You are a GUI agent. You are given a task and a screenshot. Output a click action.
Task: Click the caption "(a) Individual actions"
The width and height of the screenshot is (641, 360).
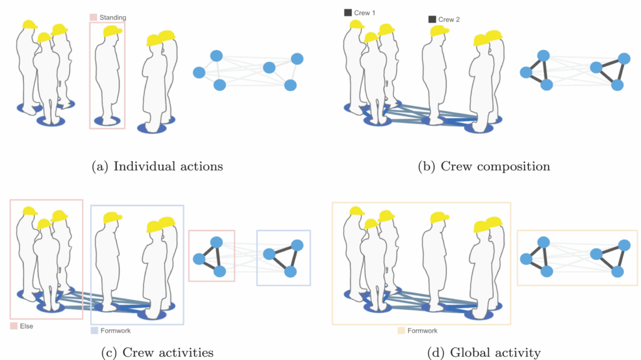[157, 167]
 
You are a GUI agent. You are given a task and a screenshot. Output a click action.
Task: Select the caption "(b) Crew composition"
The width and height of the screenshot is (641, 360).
[484, 167]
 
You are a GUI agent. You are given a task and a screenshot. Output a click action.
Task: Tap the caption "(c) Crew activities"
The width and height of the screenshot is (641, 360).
[157, 352]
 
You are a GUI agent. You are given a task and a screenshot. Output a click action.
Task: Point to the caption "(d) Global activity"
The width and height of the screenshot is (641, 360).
[484, 352]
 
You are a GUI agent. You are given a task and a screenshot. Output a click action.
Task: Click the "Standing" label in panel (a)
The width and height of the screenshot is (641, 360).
[113, 18]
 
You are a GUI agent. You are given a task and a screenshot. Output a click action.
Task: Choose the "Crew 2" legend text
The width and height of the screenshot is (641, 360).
[449, 19]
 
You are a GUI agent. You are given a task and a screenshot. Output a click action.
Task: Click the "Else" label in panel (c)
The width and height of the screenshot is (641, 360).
[27, 326]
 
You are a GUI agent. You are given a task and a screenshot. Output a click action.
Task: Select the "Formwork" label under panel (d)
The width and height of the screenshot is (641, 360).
[424, 330]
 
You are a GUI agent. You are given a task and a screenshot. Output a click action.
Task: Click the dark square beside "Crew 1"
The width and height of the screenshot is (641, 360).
[348, 13]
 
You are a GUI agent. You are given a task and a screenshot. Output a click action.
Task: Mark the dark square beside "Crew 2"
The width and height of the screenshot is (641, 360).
[432, 19]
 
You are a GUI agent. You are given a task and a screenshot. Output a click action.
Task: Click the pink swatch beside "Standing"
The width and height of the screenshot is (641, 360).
[93, 18]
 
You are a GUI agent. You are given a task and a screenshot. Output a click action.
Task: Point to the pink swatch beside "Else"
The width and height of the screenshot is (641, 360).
[14, 326]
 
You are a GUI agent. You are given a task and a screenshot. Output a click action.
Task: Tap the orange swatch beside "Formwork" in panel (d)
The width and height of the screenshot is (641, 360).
[401, 330]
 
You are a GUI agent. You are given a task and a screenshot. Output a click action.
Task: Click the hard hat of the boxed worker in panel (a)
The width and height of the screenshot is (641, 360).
[112, 32]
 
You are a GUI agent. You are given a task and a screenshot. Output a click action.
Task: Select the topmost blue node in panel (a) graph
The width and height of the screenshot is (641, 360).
[216, 56]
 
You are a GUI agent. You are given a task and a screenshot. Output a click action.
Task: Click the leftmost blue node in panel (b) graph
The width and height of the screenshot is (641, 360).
[526, 73]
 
